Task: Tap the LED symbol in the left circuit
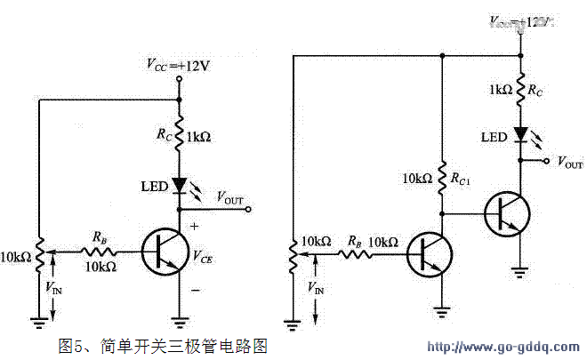[179, 186]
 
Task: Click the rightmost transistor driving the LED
[507, 213]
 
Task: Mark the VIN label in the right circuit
[316, 287]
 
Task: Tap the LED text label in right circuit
[494, 137]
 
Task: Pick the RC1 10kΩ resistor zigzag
[442, 177]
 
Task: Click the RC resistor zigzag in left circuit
[179, 136]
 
